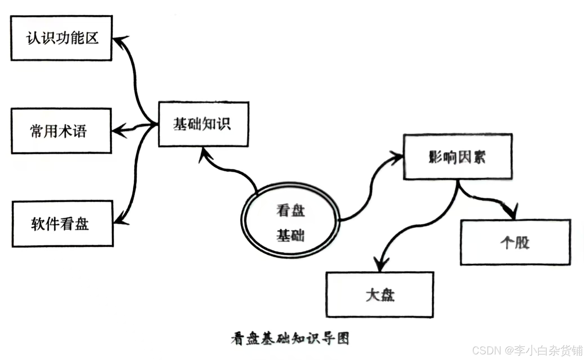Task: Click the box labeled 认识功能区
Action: pos(61,38)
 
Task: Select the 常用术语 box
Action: pos(61,131)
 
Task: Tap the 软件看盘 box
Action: pos(62,224)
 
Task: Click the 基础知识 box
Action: pos(203,124)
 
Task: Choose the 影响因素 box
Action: pos(457,157)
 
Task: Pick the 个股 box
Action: pos(515,242)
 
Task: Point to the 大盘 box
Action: pos(380,294)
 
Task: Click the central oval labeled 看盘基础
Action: pos(290,220)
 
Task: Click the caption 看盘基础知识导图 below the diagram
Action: pos(290,338)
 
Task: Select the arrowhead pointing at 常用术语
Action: pos(118,130)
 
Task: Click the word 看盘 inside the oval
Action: pos(291,210)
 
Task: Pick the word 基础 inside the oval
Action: pos(291,235)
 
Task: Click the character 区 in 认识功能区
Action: pos(92,38)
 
